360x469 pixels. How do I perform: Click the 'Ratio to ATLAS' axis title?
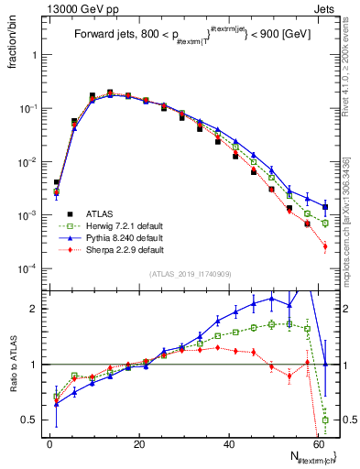pyautogui.click(x=12, y=365)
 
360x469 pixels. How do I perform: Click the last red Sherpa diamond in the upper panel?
pyautogui.click(x=325, y=246)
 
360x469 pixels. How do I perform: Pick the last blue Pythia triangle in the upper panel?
pyautogui.click(x=325, y=206)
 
